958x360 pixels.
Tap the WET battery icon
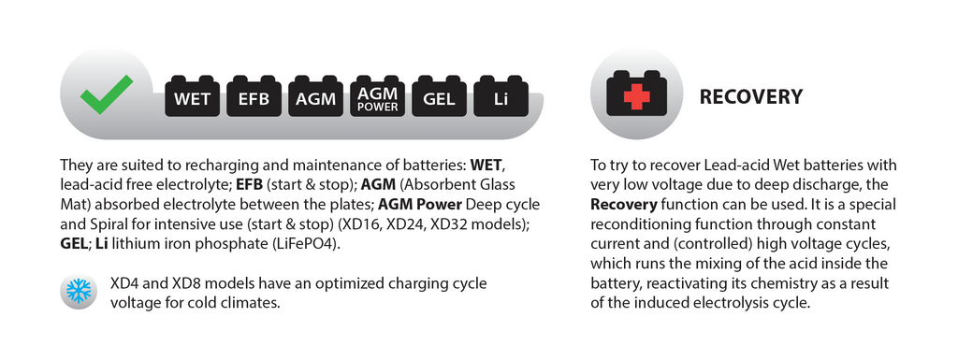[192, 95]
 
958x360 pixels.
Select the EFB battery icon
[254, 95]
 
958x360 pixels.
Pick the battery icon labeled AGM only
[315, 95]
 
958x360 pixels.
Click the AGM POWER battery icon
[377, 95]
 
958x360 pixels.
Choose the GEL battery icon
[439, 95]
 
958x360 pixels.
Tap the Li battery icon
[501, 95]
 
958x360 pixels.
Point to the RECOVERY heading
[751, 97]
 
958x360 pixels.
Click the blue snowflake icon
[79, 291]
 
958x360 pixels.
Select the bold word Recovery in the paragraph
[624, 204]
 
